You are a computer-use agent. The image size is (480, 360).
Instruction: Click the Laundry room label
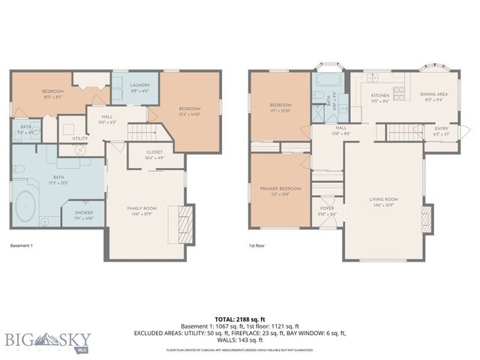click(140, 85)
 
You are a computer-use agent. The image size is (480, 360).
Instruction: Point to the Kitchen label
click(379, 95)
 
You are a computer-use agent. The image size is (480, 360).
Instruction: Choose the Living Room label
click(383, 199)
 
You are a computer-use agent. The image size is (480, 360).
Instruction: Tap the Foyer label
click(327, 208)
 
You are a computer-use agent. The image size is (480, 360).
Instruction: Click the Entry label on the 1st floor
click(442, 129)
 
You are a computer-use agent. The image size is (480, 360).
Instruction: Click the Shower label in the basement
click(83, 213)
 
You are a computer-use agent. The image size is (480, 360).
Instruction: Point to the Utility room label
click(80, 138)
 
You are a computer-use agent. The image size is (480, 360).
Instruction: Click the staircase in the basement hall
click(141, 133)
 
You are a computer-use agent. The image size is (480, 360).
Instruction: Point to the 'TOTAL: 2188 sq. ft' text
click(240, 317)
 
